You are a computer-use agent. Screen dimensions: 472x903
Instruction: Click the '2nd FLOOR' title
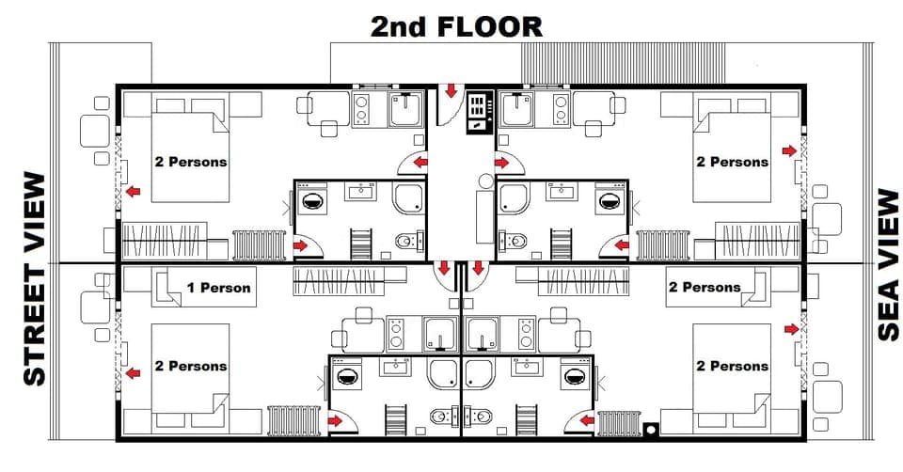pos(456,26)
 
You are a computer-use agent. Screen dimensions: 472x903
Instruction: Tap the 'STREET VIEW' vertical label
pos(34,279)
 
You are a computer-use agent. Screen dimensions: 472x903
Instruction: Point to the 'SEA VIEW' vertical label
pos(888,265)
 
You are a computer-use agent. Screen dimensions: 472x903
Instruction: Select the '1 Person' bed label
pos(218,287)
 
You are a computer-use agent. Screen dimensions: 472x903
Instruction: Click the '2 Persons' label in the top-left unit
pos(191,162)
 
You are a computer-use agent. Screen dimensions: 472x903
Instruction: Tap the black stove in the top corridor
pos(480,110)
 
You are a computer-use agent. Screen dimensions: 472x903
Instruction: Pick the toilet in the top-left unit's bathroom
pos(404,242)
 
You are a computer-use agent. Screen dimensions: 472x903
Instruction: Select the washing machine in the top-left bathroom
pos(311,200)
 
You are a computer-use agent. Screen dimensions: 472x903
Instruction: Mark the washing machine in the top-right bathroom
pos(610,200)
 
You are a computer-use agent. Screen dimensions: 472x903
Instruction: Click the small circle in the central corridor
pos(485,180)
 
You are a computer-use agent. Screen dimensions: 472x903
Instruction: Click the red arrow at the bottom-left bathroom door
pos(336,420)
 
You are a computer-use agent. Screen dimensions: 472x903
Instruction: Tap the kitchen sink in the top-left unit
pos(407,111)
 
